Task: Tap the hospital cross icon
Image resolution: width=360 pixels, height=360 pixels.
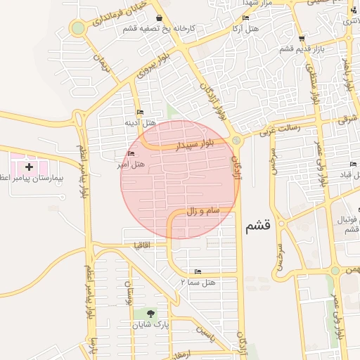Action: click(x=29, y=167)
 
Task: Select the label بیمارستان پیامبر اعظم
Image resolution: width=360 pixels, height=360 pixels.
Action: click(x=34, y=179)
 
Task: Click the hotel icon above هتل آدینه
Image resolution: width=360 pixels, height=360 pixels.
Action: click(x=140, y=112)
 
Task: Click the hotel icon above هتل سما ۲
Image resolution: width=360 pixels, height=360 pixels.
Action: click(x=198, y=271)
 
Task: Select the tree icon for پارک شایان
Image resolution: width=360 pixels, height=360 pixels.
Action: click(x=150, y=314)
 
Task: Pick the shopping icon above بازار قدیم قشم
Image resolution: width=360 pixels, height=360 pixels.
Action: click(x=302, y=39)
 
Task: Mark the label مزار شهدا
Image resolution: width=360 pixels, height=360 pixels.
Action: click(x=256, y=4)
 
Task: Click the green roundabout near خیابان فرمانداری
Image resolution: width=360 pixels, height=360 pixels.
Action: click(x=77, y=29)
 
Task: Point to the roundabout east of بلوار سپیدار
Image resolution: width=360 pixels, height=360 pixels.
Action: click(x=236, y=140)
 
